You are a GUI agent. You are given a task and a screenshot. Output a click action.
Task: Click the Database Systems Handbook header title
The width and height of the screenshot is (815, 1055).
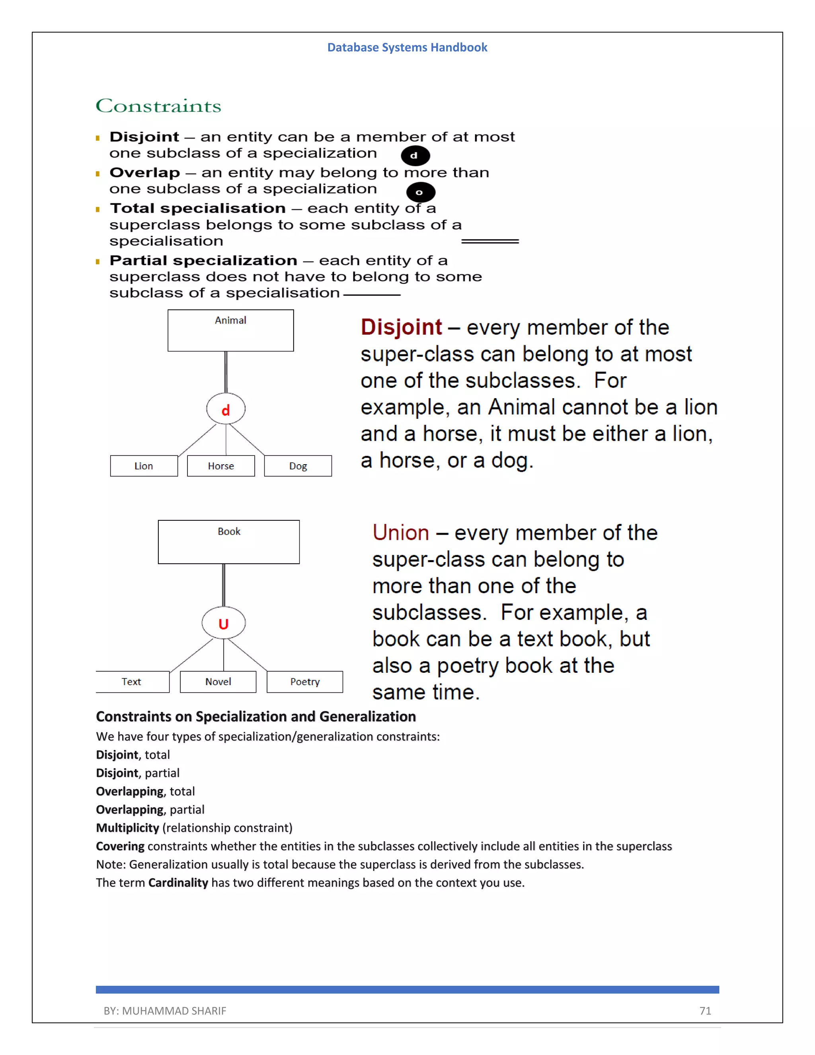point(407,47)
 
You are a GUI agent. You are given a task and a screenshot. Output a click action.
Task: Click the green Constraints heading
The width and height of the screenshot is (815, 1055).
point(158,106)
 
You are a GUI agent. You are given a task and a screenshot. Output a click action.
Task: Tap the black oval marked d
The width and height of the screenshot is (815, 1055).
point(415,156)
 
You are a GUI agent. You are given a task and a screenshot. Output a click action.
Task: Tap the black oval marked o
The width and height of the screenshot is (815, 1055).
point(421,192)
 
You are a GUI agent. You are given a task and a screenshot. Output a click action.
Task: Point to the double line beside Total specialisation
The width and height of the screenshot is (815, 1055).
point(489,241)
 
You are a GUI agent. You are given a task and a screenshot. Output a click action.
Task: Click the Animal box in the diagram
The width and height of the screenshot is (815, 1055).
point(230,330)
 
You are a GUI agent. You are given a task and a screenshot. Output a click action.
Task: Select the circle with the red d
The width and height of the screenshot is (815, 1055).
point(226,409)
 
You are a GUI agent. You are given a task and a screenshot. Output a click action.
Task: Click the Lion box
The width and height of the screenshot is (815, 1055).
point(144,466)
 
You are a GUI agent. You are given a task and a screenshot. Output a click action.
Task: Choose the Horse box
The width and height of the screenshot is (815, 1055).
point(220,466)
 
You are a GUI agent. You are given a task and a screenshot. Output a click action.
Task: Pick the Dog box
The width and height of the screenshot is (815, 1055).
point(298,466)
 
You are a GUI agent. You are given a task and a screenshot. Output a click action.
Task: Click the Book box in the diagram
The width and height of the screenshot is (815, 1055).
point(228,541)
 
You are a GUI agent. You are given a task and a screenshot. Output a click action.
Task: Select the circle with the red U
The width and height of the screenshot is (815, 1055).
point(223,623)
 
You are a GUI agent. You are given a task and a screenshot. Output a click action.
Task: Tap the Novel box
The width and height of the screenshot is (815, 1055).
point(218,682)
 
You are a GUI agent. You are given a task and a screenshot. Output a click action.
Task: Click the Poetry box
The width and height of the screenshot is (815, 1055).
point(305,682)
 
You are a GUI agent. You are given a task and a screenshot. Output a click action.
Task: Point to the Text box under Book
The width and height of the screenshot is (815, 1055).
point(132,682)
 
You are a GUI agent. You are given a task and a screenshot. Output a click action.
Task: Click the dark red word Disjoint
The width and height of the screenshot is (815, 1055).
point(401,328)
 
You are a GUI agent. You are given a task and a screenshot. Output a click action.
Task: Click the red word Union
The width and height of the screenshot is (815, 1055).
point(400,533)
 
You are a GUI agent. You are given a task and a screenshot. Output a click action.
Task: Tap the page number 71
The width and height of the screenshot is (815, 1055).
point(705,1010)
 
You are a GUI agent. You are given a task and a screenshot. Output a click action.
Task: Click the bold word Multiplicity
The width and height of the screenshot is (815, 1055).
point(127,828)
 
